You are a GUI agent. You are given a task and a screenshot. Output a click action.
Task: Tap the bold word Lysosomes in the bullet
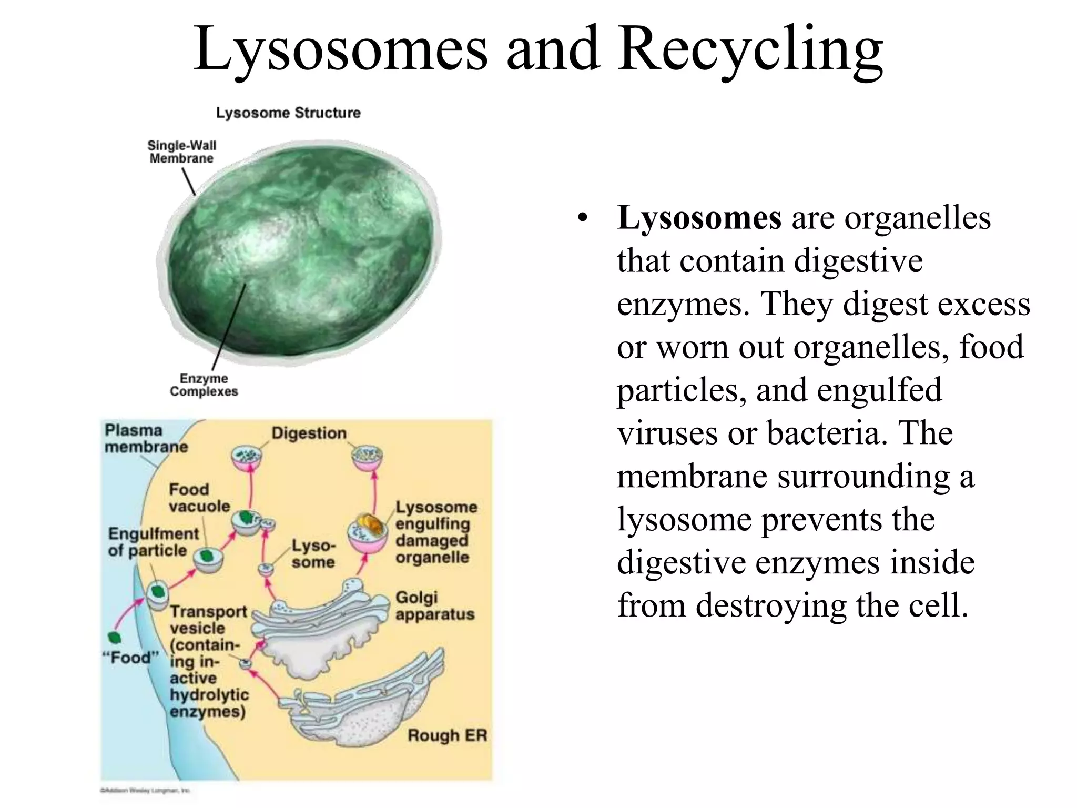pos(699,218)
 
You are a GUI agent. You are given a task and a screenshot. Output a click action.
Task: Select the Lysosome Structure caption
pos(288,113)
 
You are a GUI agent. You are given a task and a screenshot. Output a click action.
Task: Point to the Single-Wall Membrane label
pos(181,152)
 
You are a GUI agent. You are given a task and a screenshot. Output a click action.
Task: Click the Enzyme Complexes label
pos(204,385)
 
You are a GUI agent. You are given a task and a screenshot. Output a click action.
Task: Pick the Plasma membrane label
pos(146,438)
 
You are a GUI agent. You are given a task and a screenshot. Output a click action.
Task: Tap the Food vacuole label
pos(199,498)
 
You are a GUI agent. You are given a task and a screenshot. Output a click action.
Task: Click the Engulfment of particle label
pos(153,542)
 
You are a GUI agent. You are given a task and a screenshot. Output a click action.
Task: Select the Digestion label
pos(309,433)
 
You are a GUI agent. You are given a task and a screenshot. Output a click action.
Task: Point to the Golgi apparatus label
pos(434,605)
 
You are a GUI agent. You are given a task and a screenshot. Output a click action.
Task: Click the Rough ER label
pos(447,735)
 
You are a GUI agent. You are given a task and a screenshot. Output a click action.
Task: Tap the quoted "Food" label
pos(130,658)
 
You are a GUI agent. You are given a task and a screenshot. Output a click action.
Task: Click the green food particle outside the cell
pos(115,638)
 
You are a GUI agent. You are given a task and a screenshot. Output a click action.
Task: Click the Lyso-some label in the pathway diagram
pos(313,553)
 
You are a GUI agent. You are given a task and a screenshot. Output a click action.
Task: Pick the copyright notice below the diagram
pos(145,790)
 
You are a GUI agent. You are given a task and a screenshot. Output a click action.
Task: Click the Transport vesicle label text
pos(208,620)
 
